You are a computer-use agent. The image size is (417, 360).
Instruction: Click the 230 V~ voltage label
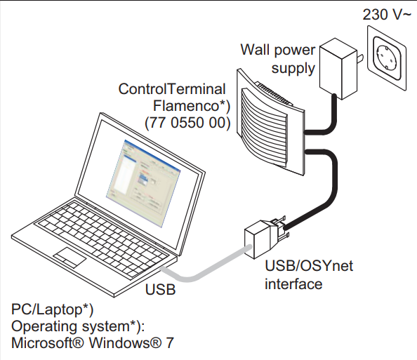[x=386, y=14]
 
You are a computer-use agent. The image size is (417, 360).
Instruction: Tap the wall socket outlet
[x=387, y=58]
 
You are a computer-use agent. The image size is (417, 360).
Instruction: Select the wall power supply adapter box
[x=338, y=69]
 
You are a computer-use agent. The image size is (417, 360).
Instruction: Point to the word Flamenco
[x=192, y=106]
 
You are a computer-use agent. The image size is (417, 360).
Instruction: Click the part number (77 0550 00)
[x=187, y=123]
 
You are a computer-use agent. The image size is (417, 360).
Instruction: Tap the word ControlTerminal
[x=172, y=89]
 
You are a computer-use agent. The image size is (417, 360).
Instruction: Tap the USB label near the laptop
[x=160, y=289]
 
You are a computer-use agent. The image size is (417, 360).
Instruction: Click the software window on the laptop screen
[x=144, y=183]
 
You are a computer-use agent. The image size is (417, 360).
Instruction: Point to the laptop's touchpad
[x=69, y=257]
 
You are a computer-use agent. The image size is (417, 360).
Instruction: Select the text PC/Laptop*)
[x=53, y=310]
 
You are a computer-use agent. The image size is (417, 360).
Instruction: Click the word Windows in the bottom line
[x=125, y=342]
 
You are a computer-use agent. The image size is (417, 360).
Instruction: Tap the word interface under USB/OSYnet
[x=293, y=284]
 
